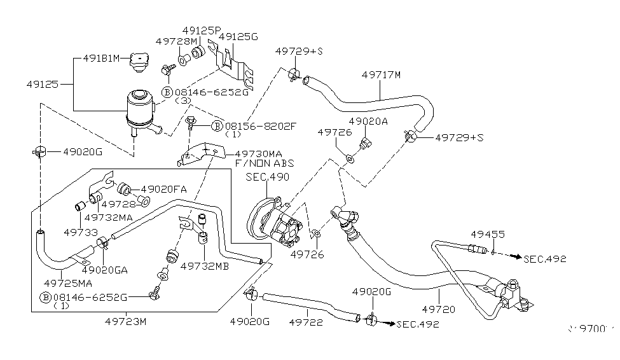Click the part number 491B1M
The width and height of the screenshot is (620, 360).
101,59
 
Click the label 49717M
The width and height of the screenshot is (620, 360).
381,74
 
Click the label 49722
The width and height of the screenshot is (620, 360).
307,322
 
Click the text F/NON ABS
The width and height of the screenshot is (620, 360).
265,163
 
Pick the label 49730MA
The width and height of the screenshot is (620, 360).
258,154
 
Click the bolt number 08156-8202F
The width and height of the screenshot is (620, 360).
261,126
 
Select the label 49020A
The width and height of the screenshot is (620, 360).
368,120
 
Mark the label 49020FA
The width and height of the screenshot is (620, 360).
163,189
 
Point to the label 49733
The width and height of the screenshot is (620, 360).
80,232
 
